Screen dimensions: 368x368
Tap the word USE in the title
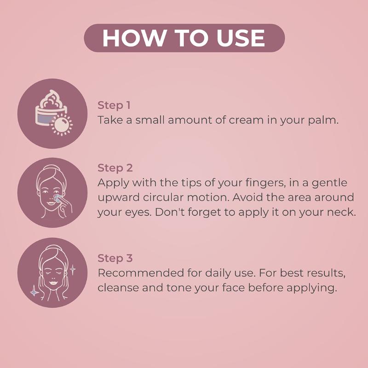pos(241,38)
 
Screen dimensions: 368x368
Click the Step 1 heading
pos(114,105)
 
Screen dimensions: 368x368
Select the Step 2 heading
pos(115,168)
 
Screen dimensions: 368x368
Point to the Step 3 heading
pos(115,258)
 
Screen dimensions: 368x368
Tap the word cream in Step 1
pos(246,121)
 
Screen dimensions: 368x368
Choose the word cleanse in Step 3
pos(118,288)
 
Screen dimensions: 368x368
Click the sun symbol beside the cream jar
pos(62,124)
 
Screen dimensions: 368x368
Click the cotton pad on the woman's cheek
pos(57,199)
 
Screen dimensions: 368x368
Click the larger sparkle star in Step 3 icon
pos(34,292)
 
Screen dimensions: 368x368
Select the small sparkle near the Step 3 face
pos(73,270)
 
